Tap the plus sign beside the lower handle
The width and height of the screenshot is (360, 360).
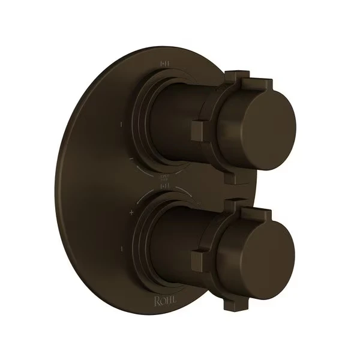point(131,213)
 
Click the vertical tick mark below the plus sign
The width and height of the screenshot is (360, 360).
point(122,247)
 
